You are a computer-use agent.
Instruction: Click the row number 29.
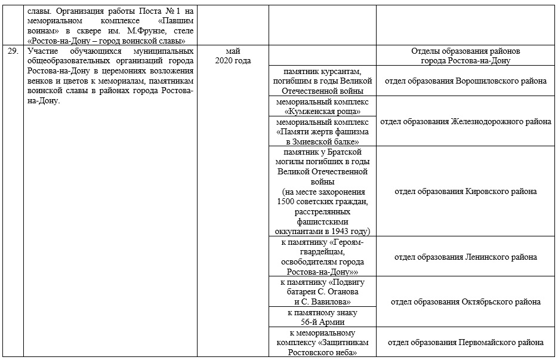click(13, 52)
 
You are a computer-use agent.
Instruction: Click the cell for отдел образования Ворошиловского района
click(465, 81)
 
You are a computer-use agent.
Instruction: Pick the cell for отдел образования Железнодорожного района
click(465, 122)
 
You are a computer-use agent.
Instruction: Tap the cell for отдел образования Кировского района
click(465, 191)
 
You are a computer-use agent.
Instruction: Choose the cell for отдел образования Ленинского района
click(465, 257)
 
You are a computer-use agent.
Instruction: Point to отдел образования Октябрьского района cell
click(465, 301)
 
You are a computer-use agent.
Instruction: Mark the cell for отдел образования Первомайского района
click(465, 343)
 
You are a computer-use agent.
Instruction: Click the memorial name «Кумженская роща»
click(322, 111)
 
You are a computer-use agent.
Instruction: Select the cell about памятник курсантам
click(322, 81)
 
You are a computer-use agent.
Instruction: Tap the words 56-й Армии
click(322, 322)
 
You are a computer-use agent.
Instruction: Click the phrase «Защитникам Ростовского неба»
click(322, 347)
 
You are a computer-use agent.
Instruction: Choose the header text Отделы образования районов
click(465, 51)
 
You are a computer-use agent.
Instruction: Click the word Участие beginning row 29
click(42, 51)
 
